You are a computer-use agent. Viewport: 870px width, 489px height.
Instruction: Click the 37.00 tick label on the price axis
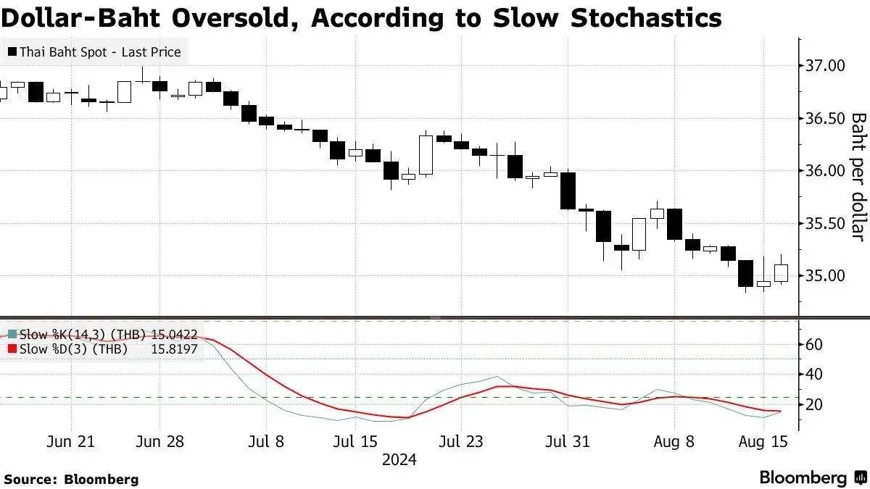(825, 66)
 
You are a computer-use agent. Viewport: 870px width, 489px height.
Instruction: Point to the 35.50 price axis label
(825, 224)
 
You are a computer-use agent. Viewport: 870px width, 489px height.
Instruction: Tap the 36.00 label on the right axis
(825, 171)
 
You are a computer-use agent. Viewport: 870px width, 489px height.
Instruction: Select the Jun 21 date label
(71, 442)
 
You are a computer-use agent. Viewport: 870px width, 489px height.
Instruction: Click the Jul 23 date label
(461, 442)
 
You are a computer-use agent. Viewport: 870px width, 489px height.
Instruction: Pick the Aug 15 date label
(763, 442)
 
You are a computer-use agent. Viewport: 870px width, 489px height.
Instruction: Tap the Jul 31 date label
(568, 442)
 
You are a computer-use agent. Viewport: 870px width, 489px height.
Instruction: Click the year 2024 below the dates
(399, 460)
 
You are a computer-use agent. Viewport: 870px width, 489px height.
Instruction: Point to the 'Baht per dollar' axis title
(858, 177)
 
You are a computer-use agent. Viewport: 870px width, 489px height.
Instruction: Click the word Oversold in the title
(236, 18)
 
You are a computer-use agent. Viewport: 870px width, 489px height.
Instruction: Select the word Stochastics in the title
(646, 18)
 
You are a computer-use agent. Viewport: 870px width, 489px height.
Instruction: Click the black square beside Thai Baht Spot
(12, 51)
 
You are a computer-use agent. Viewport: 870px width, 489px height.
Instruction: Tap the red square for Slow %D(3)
(12, 349)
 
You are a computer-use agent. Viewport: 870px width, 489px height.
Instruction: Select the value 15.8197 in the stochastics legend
(174, 349)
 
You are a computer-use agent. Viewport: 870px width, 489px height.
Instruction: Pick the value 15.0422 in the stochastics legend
(174, 335)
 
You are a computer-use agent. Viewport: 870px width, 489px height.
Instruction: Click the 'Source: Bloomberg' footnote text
(72, 480)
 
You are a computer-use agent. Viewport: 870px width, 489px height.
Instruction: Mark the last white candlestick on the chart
(781, 273)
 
